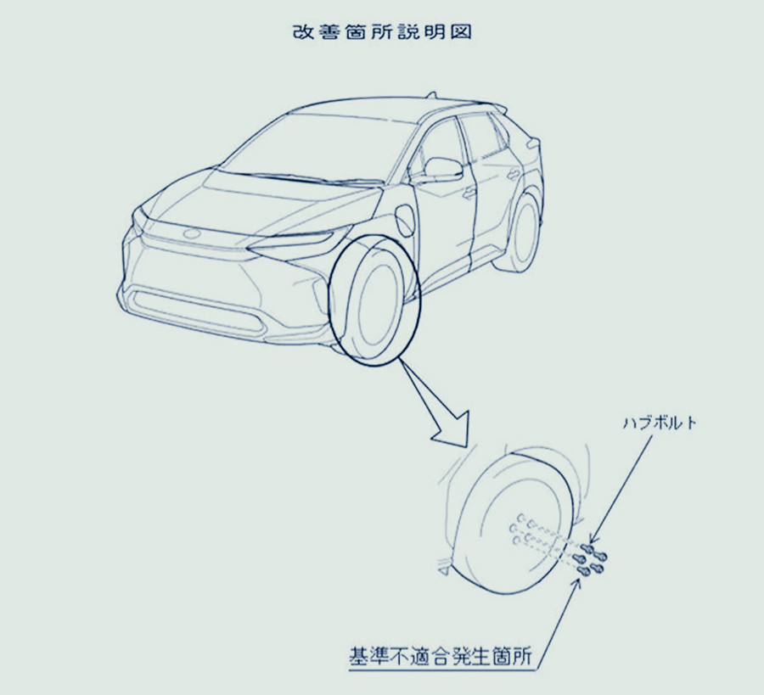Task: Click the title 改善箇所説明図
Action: click(382, 31)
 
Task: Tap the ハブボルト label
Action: click(660, 423)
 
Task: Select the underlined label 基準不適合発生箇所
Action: click(440, 656)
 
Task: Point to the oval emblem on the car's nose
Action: click(192, 233)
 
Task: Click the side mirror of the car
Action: click(442, 169)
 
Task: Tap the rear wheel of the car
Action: click(520, 233)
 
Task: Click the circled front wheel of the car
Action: click(374, 301)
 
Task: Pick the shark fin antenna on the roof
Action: click(430, 95)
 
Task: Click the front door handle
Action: click(469, 193)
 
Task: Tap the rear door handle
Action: click(513, 174)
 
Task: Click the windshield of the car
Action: click(317, 146)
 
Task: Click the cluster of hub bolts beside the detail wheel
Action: click(590, 559)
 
